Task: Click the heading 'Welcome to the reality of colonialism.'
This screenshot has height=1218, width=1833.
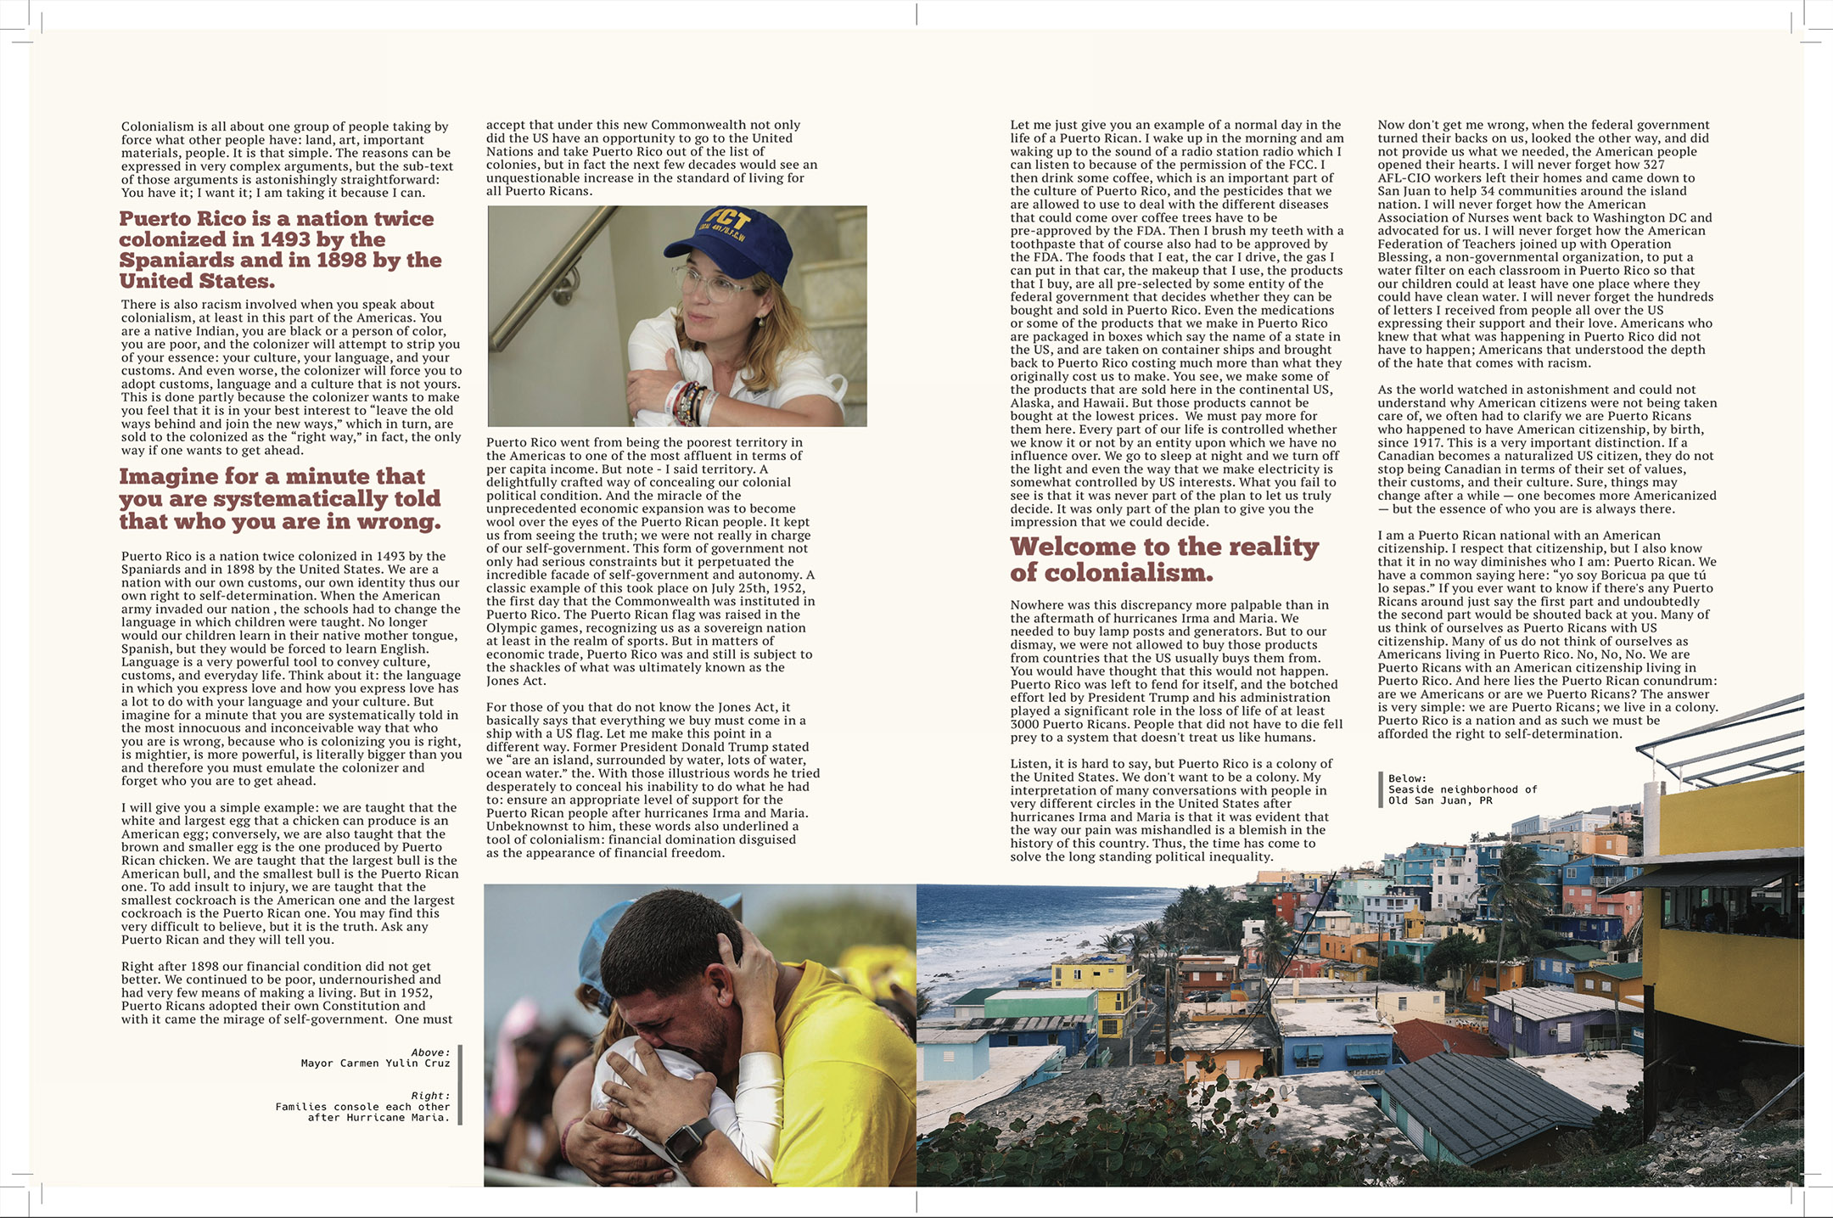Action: point(1163,559)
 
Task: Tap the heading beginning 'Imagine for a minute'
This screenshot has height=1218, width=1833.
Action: point(280,499)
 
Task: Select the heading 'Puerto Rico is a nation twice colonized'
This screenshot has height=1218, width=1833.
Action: point(280,250)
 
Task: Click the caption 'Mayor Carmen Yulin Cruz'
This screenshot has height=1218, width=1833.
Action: point(375,1063)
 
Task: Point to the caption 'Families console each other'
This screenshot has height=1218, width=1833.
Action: point(362,1107)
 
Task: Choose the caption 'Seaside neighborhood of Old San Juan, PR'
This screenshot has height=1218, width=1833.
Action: point(1461,794)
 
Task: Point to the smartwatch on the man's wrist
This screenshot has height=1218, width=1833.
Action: point(690,1137)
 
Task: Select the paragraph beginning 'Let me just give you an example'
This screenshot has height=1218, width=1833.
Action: point(1176,323)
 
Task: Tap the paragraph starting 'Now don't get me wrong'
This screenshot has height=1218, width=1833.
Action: point(1545,244)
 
